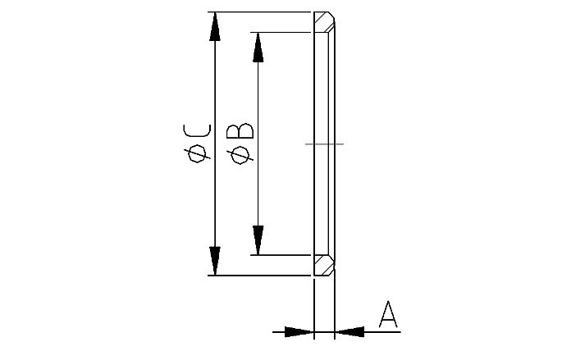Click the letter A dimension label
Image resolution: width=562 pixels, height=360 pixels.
click(x=388, y=315)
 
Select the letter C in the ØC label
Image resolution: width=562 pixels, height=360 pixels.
click(x=197, y=131)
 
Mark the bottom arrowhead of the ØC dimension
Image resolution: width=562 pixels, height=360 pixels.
click(x=215, y=262)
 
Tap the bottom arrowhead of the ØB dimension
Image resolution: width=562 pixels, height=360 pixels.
click(x=258, y=241)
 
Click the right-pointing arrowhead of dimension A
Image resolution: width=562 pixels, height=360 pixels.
click(x=300, y=331)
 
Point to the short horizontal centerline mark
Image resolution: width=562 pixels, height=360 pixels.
click(x=324, y=144)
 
